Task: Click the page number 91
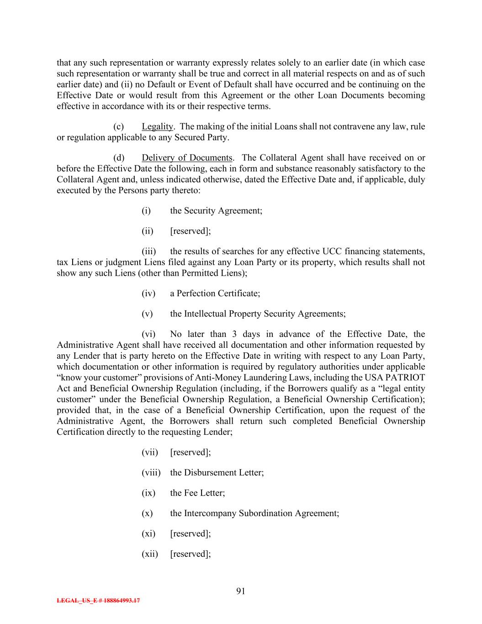[241, 591]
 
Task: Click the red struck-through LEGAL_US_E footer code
[98, 601]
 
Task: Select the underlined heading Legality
[157, 127]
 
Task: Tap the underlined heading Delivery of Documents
[187, 158]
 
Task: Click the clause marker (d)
[119, 158]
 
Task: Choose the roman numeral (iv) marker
[148, 293]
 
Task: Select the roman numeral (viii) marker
[151, 473]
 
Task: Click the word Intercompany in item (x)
[211, 513]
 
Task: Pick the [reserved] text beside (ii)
[190, 231]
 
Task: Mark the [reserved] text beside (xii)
[190, 554]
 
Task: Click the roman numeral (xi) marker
[148, 533]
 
